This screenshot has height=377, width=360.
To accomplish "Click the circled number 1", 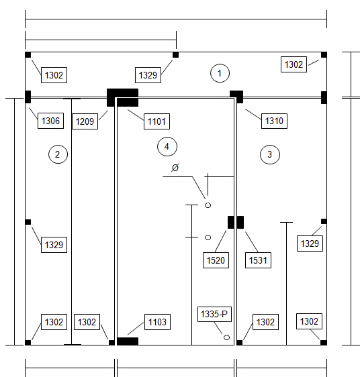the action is pos(220,73).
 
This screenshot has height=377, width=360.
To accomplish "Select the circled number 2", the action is pos(58,154).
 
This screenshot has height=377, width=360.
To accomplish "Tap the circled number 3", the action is pos(270,154).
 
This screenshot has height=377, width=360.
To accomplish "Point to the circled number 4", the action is pos(167,146).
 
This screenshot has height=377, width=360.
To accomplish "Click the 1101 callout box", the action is pos(156,121).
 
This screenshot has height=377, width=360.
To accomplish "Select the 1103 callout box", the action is pos(157,322).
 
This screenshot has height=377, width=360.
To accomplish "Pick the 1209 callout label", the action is pos(85,121).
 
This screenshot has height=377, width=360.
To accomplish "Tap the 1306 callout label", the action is pos(50,121).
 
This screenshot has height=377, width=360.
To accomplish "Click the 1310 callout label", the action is pos(274,121).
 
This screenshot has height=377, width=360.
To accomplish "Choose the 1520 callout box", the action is pos(216,260).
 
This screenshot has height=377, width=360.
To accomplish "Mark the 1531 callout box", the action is pos(258,260).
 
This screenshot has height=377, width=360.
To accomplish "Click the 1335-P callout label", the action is pos(214,314).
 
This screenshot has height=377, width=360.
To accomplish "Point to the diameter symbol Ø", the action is pos(175,168).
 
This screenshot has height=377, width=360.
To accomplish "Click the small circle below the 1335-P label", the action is pos(226,337).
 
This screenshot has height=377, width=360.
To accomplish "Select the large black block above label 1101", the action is pos(122,97).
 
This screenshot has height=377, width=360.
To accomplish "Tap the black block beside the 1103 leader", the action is pos(128,341).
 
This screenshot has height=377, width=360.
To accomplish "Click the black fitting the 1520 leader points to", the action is pos(230,222).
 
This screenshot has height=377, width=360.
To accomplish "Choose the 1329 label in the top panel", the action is pos(148,75).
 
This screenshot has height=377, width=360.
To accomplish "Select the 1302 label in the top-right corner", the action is pos(294,64).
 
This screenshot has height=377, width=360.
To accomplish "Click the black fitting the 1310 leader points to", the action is pos(236,97).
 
